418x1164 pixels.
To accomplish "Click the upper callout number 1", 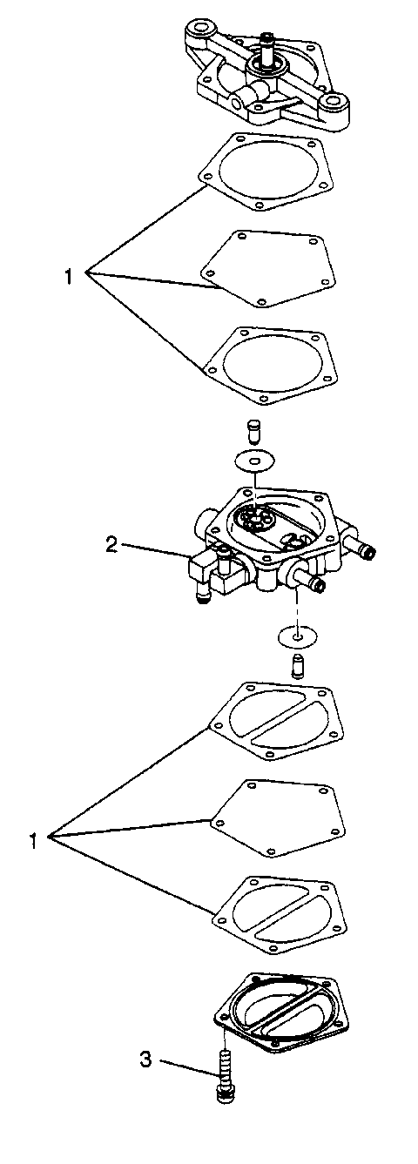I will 68,277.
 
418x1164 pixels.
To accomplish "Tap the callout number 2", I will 111,545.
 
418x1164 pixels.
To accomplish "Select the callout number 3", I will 145,1060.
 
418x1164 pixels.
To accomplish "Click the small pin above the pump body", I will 255,430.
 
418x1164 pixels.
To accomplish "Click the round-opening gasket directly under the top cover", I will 266,171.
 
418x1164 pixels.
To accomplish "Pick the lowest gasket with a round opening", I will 266,364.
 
